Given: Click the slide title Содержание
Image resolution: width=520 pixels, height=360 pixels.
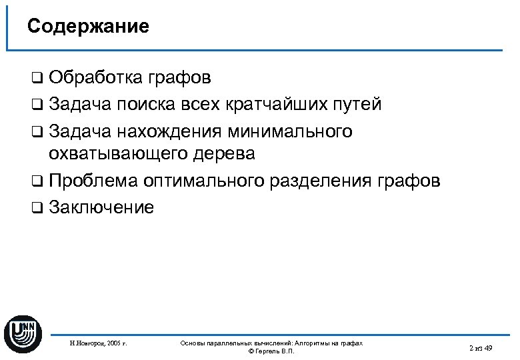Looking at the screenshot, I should [88, 27].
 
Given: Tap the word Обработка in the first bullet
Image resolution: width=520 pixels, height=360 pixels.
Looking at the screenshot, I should [94, 78].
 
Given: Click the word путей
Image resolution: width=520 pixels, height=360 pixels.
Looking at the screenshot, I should [359, 104].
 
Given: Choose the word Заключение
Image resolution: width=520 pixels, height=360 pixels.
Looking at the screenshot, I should [101, 207].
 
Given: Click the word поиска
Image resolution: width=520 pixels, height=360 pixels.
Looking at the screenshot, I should [146, 104].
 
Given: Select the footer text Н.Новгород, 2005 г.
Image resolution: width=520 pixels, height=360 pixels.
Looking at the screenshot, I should [98, 344].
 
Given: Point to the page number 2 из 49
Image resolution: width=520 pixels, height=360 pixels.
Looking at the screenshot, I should [480, 348].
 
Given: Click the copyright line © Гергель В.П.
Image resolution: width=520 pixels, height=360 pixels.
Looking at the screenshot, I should [271, 351].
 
